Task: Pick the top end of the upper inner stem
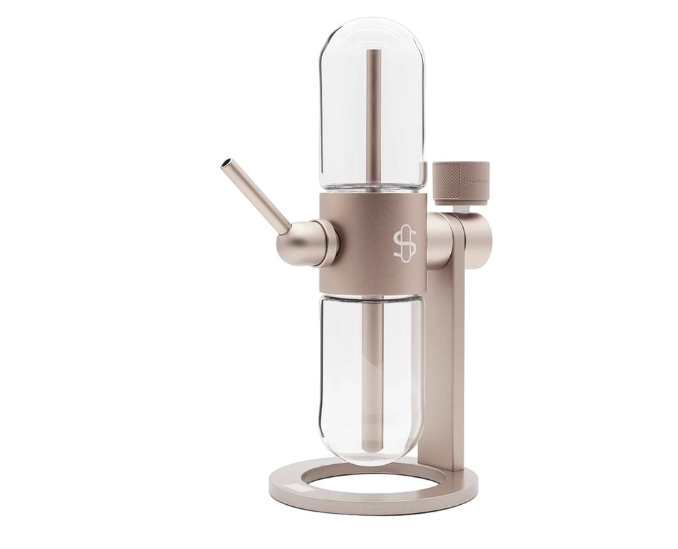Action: click(x=371, y=52)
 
